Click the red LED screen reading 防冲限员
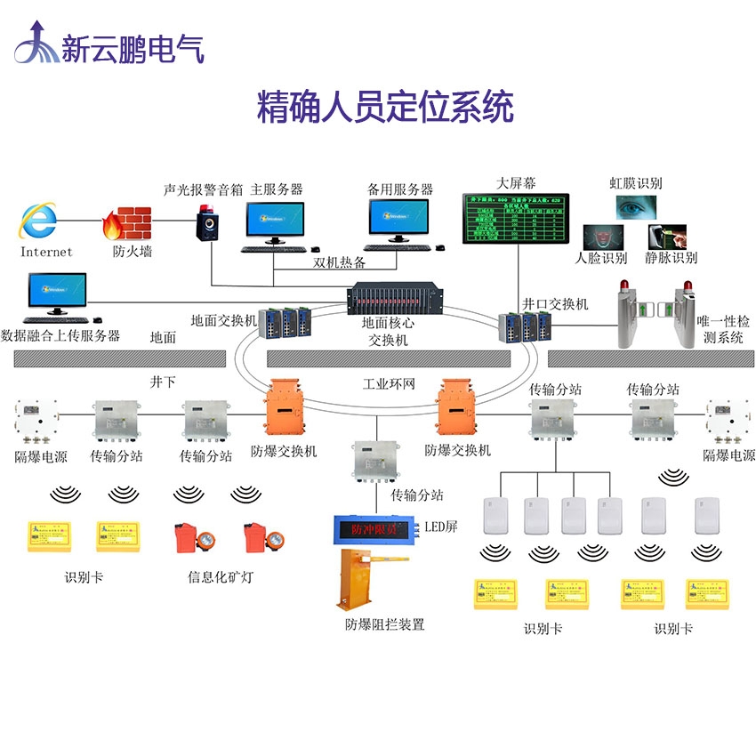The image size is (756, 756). point(374,528)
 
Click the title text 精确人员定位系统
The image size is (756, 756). point(385,108)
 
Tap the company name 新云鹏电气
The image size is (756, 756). point(133,47)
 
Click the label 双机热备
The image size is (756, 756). point(339,262)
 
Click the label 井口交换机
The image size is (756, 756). point(555,303)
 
